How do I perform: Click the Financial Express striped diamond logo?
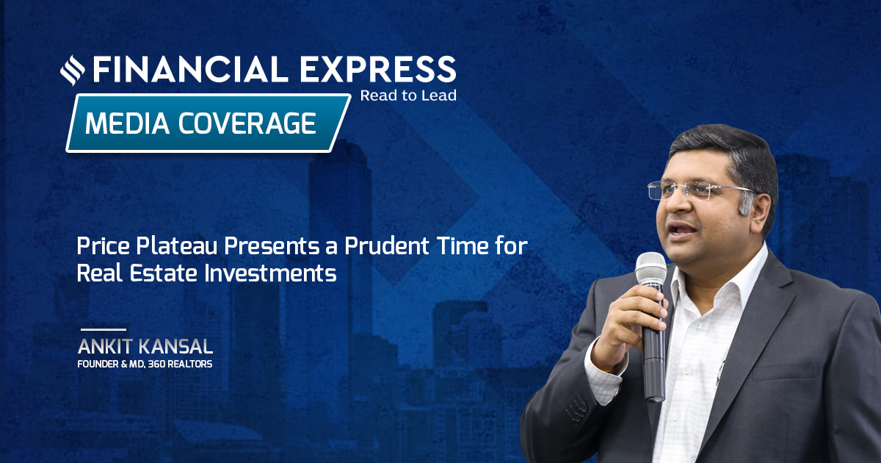pyautogui.click(x=73, y=70)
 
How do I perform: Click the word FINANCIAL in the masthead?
pyautogui.click(x=190, y=69)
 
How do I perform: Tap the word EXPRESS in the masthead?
pyautogui.click(x=378, y=69)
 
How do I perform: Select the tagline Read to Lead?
pyautogui.click(x=408, y=96)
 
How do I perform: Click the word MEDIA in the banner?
pyautogui.click(x=127, y=123)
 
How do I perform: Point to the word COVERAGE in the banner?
pyautogui.click(x=247, y=123)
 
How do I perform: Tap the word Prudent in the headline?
pyautogui.click(x=387, y=246)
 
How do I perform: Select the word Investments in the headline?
pyautogui.click(x=271, y=273)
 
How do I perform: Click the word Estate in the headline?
pyautogui.click(x=163, y=273)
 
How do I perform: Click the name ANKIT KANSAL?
pyautogui.click(x=145, y=346)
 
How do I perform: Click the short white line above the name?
pyautogui.click(x=104, y=329)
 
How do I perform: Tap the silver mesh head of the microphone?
pyautogui.click(x=651, y=269)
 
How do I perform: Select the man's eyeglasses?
pyautogui.click(x=700, y=190)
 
